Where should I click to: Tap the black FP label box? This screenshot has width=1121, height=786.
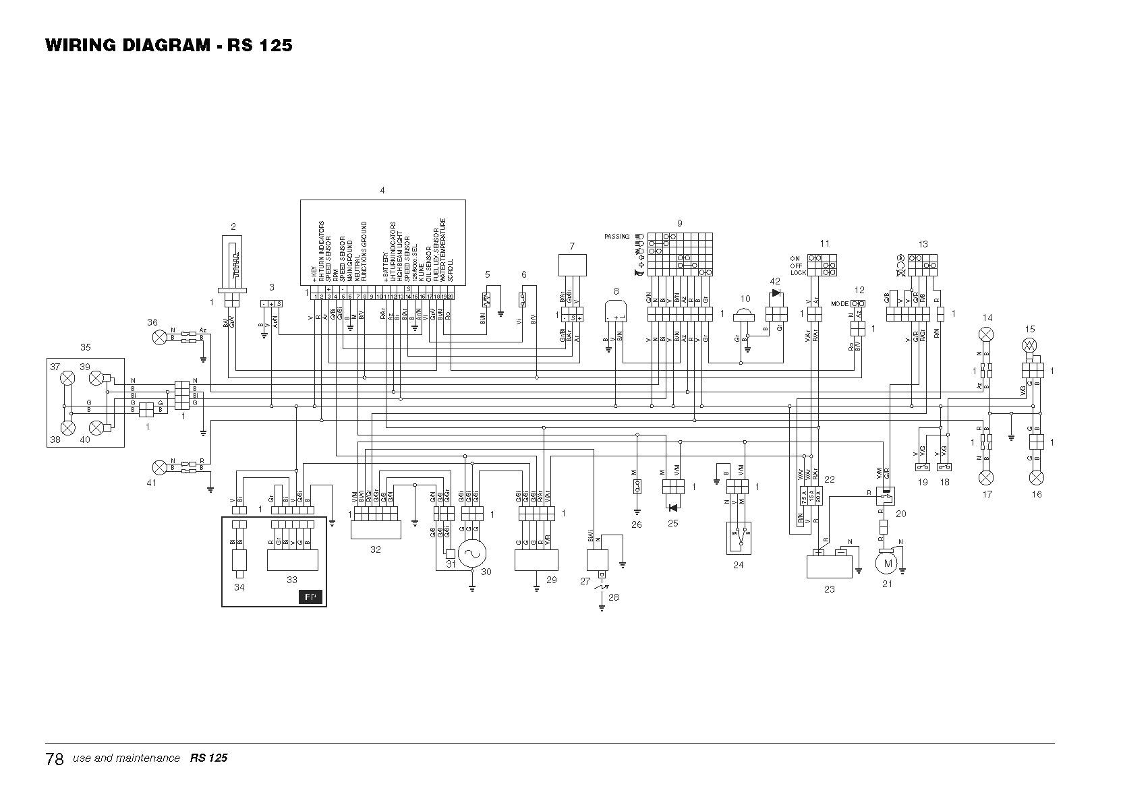tap(310, 597)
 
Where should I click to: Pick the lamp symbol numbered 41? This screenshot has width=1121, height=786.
tap(160, 466)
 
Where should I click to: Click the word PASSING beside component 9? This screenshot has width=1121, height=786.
tap(616, 237)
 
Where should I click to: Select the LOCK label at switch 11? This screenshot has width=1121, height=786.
tap(798, 273)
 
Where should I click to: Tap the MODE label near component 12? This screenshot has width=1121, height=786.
tap(840, 304)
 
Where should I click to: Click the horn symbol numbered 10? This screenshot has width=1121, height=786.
tap(745, 317)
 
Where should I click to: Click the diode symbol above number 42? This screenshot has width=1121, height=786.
tap(776, 293)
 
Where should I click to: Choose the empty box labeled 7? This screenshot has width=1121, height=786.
tap(571, 265)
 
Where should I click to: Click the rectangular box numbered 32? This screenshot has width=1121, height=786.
tap(375, 530)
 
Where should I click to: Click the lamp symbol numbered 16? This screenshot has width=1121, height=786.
tap(1036, 477)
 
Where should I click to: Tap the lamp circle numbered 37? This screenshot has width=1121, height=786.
tap(67, 378)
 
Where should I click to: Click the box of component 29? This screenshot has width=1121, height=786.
tap(536, 560)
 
